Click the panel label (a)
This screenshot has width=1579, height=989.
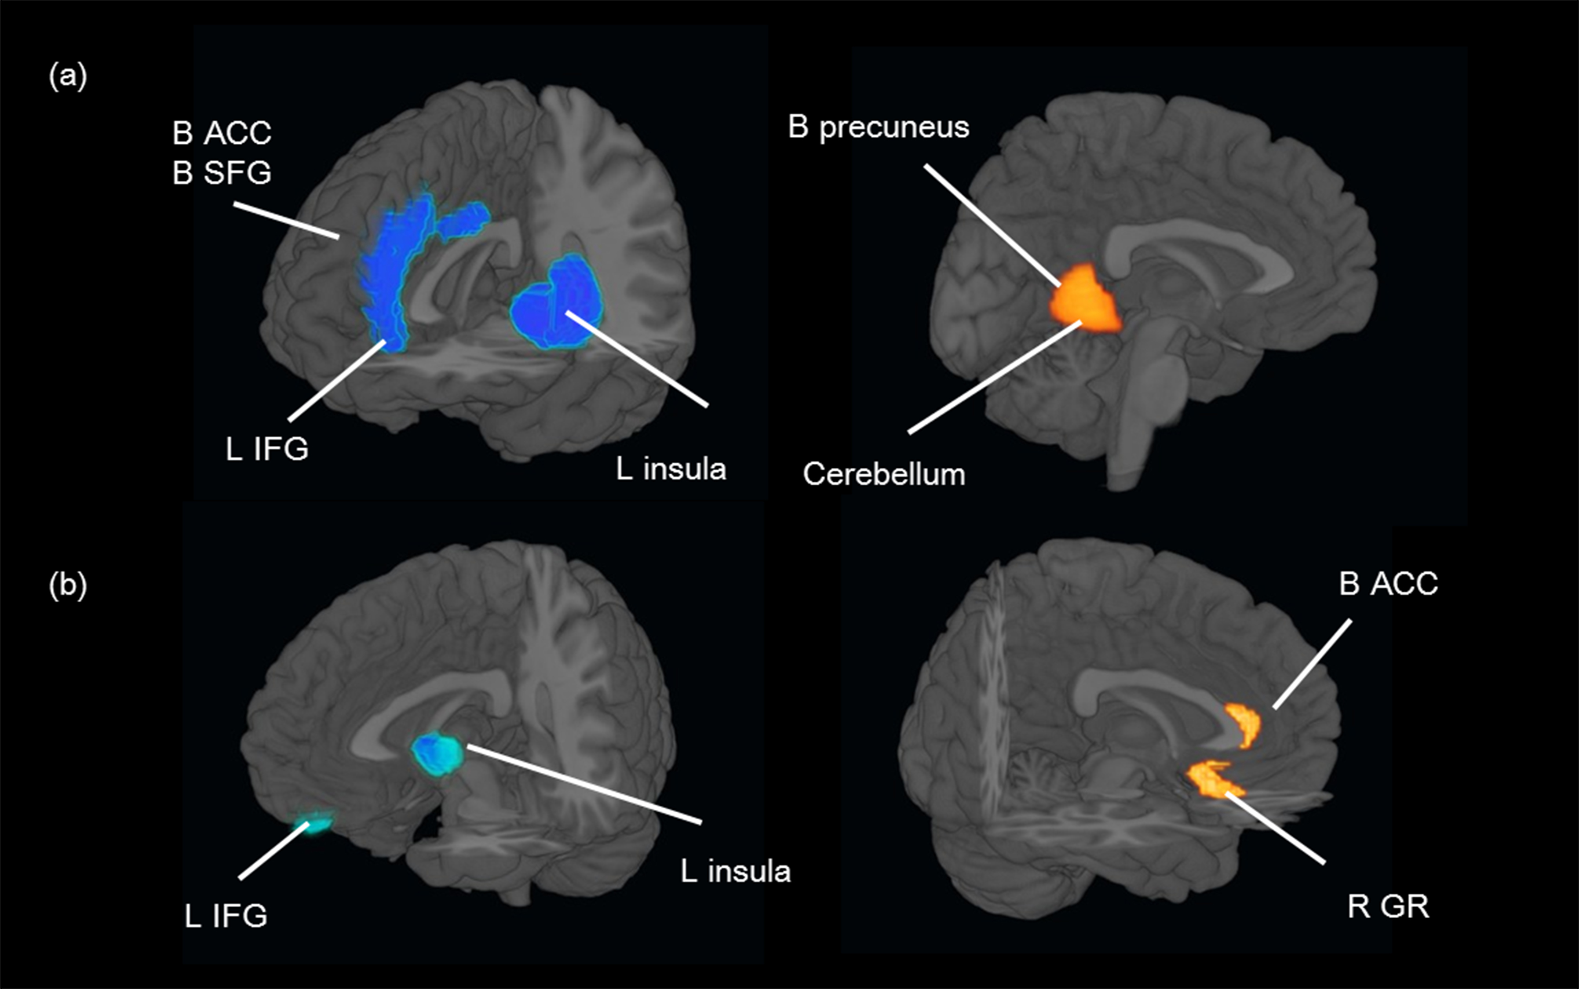(67, 77)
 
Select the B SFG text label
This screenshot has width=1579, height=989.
(221, 173)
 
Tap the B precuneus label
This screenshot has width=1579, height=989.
(878, 127)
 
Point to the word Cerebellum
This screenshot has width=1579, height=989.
(883, 474)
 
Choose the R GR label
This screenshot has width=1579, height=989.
(1388, 906)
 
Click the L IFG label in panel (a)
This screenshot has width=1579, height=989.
(266, 449)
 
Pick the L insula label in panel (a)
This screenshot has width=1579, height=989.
(671, 469)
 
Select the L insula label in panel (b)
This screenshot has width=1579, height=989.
(736, 871)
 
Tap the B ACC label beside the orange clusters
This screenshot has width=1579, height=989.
(1388, 583)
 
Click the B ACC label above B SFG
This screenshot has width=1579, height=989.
(221, 134)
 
